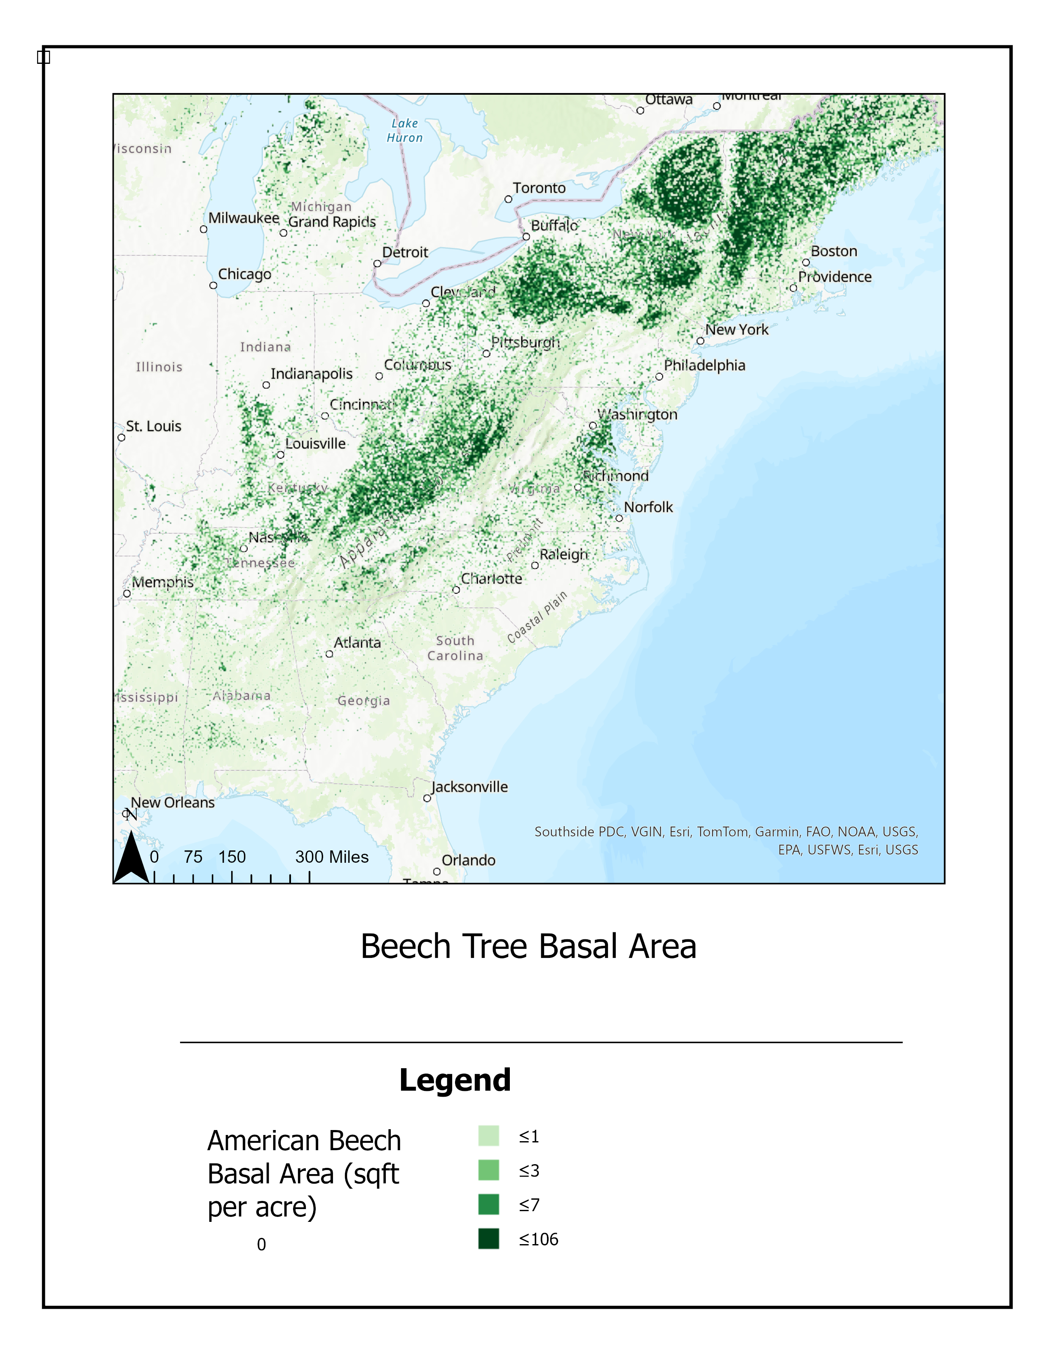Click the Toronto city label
pyautogui.click(x=539, y=188)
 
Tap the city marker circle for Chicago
pyautogui.click(x=213, y=286)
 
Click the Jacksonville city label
pyautogui.click(x=469, y=787)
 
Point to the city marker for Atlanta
pyautogui.click(x=329, y=654)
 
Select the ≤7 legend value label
pyautogui.click(x=529, y=1205)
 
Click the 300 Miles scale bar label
pyautogui.click(x=331, y=857)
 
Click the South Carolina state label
pyautogui.click(x=455, y=648)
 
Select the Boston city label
pyautogui.click(x=834, y=251)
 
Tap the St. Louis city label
pyautogui.click(x=153, y=426)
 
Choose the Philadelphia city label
pyautogui.click(x=704, y=365)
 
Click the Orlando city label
pyautogui.click(x=468, y=861)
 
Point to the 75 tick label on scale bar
pyautogui.click(x=193, y=857)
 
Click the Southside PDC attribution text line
pyautogui.click(x=726, y=832)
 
